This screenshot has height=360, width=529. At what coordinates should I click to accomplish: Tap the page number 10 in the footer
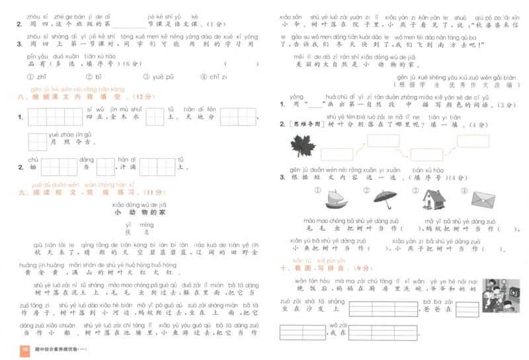click(25, 350)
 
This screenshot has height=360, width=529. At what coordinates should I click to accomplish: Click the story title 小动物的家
click(140, 212)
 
